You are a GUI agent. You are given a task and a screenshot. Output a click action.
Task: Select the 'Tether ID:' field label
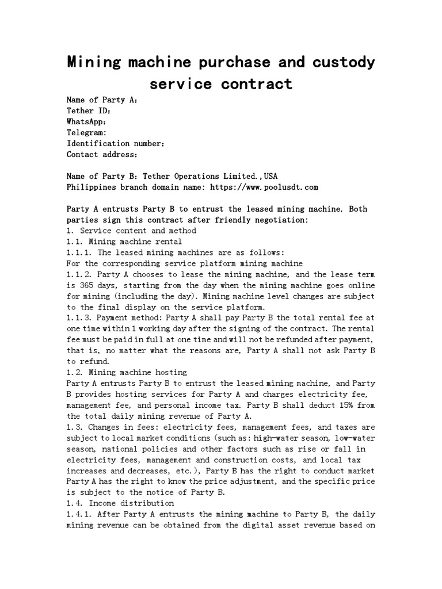pyautogui.click(x=89, y=110)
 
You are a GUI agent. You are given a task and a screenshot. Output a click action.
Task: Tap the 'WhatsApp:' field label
pyautogui.click(x=86, y=121)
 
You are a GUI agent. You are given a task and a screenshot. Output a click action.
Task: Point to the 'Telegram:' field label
pyautogui.click(x=86, y=132)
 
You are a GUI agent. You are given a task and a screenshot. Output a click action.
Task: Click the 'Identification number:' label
pyautogui.click(x=116, y=143)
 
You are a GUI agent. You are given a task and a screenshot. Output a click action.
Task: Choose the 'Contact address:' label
pyautogui.click(x=102, y=154)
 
